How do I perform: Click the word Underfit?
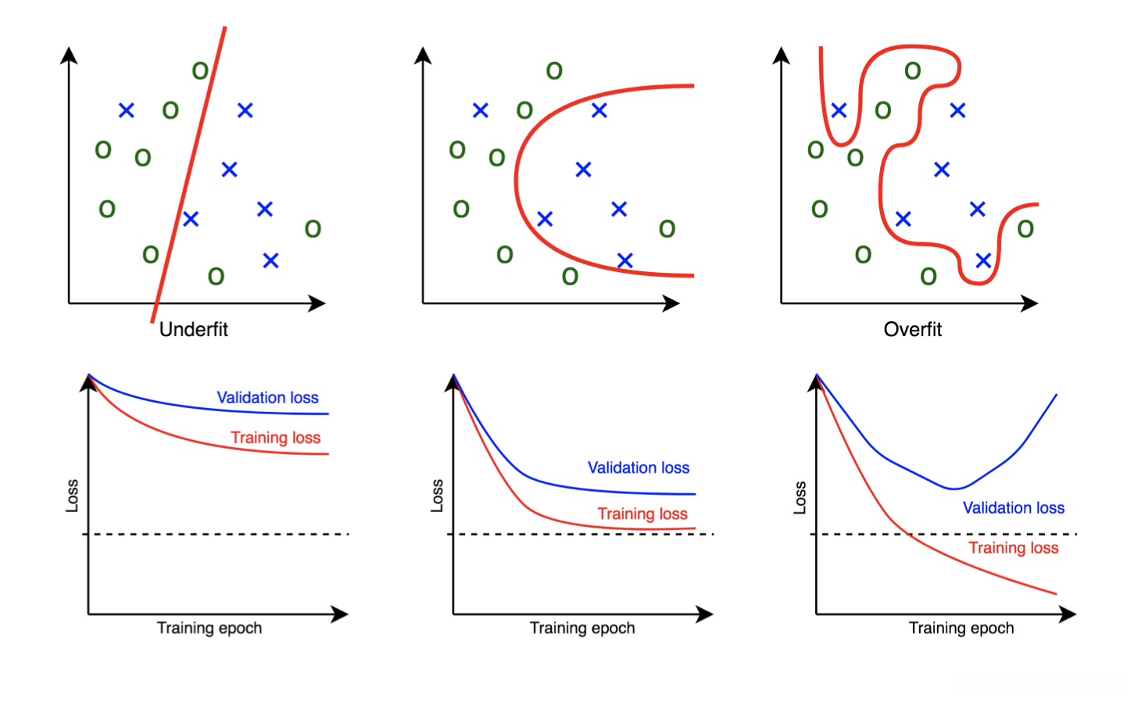[193, 329]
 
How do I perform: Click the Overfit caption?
[912, 329]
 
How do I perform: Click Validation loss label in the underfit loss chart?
[267, 397]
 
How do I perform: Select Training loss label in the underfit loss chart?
[275, 437]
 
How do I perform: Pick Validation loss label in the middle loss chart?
[639, 467]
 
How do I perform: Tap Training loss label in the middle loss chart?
[642, 514]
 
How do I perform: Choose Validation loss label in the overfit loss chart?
[1013, 507]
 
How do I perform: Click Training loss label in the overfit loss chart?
[1013, 547]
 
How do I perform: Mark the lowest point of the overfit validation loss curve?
[953, 489]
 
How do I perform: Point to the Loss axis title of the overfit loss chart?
[800, 497]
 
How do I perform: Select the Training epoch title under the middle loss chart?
[582, 628]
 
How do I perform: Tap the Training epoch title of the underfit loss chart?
[209, 628]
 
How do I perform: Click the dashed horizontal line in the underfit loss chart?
[219, 534]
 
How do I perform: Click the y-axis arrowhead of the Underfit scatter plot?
[70, 55]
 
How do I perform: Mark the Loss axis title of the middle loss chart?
[437, 496]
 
